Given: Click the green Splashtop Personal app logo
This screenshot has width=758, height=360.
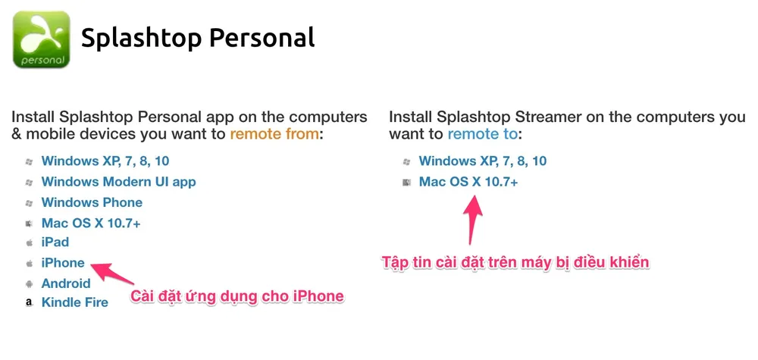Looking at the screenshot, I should (41, 39).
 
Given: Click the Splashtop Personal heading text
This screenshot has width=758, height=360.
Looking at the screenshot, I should (197, 38).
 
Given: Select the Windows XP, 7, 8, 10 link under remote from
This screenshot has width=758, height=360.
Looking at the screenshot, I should (105, 161).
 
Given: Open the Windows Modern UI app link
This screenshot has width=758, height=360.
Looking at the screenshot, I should (118, 181).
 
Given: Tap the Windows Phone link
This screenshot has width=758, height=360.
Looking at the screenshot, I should (92, 202).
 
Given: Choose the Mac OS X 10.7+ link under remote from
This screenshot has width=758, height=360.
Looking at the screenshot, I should (91, 223).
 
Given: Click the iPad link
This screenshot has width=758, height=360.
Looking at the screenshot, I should (55, 243).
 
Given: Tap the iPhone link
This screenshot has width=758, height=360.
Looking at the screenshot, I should (63, 263).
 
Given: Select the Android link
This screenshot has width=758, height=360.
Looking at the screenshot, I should (66, 283).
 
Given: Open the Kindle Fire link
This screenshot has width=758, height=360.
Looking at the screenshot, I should (75, 302).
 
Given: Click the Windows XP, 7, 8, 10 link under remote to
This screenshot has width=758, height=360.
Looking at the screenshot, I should (483, 161).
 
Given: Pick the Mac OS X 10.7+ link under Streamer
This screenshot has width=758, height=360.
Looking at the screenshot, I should (468, 182).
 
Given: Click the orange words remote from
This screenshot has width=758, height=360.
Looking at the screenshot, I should (274, 134).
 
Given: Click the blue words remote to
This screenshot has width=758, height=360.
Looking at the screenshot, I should (482, 134).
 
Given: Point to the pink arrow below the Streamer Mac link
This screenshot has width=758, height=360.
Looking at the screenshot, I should (475, 217).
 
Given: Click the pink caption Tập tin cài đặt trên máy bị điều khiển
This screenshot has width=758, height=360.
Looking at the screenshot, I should (515, 262).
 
